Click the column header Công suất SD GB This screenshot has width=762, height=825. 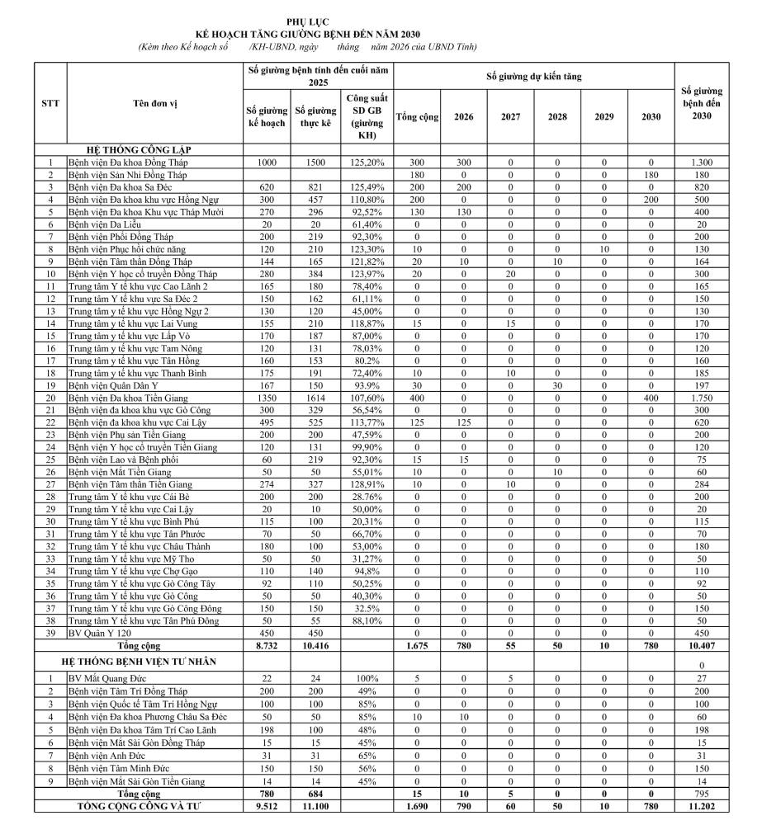click(367, 115)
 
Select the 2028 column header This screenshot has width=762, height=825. click(557, 116)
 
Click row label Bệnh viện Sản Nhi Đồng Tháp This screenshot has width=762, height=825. click(128, 175)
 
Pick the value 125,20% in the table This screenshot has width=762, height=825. click(367, 163)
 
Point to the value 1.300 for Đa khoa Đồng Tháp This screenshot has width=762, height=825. click(703, 163)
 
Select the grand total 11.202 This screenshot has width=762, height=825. click(703, 806)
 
